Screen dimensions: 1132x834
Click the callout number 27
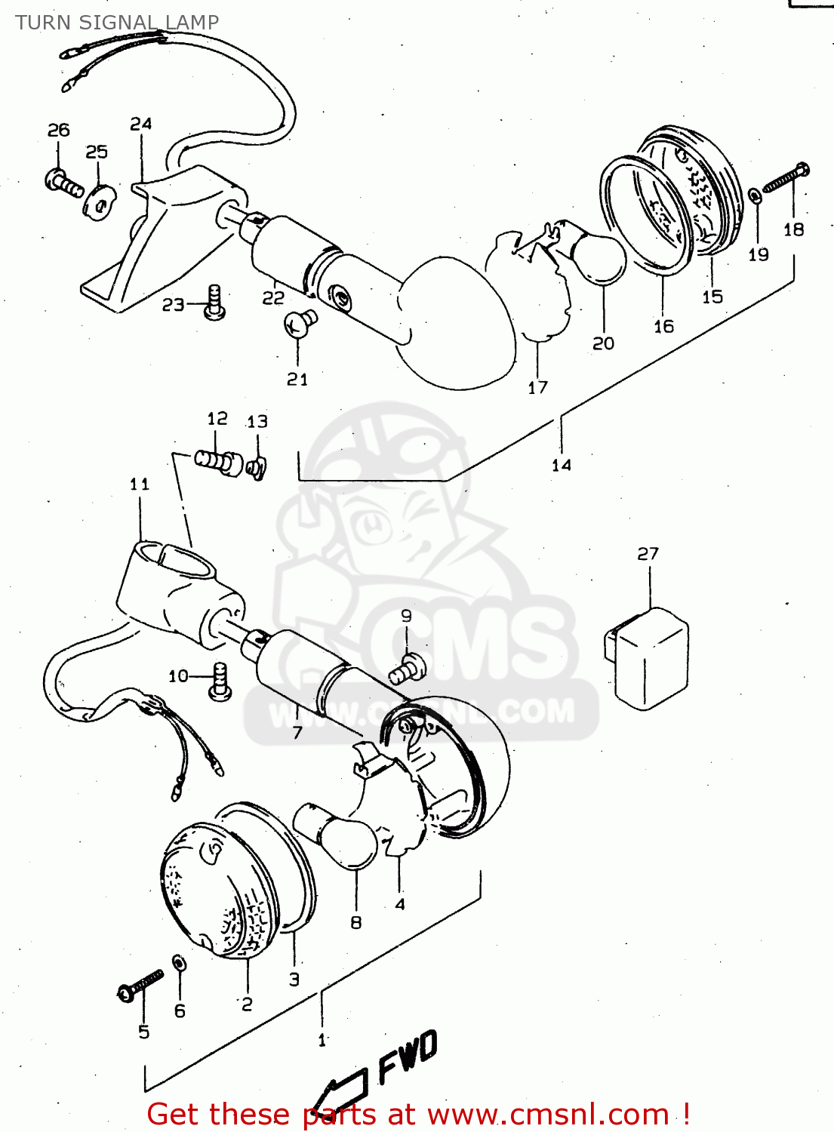(x=648, y=554)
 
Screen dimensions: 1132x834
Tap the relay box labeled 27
(x=648, y=657)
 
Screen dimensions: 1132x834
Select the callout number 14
(x=561, y=465)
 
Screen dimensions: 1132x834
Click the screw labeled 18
(x=786, y=178)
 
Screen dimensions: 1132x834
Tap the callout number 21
(x=297, y=379)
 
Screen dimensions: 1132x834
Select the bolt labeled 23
(x=215, y=302)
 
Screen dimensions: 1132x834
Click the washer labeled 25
(x=99, y=200)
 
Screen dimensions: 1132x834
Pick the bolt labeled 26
(x=63, y=182)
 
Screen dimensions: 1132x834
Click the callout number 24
(x=141, y=124)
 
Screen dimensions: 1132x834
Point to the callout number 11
(x=140, y=484)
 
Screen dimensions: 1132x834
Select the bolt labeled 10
(x=220, y=681)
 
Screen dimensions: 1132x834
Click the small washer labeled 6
(x=180, y=964)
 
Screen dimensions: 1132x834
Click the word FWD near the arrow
(x=408, y=1057)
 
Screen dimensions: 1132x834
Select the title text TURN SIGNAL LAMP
(x=117, y=23)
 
